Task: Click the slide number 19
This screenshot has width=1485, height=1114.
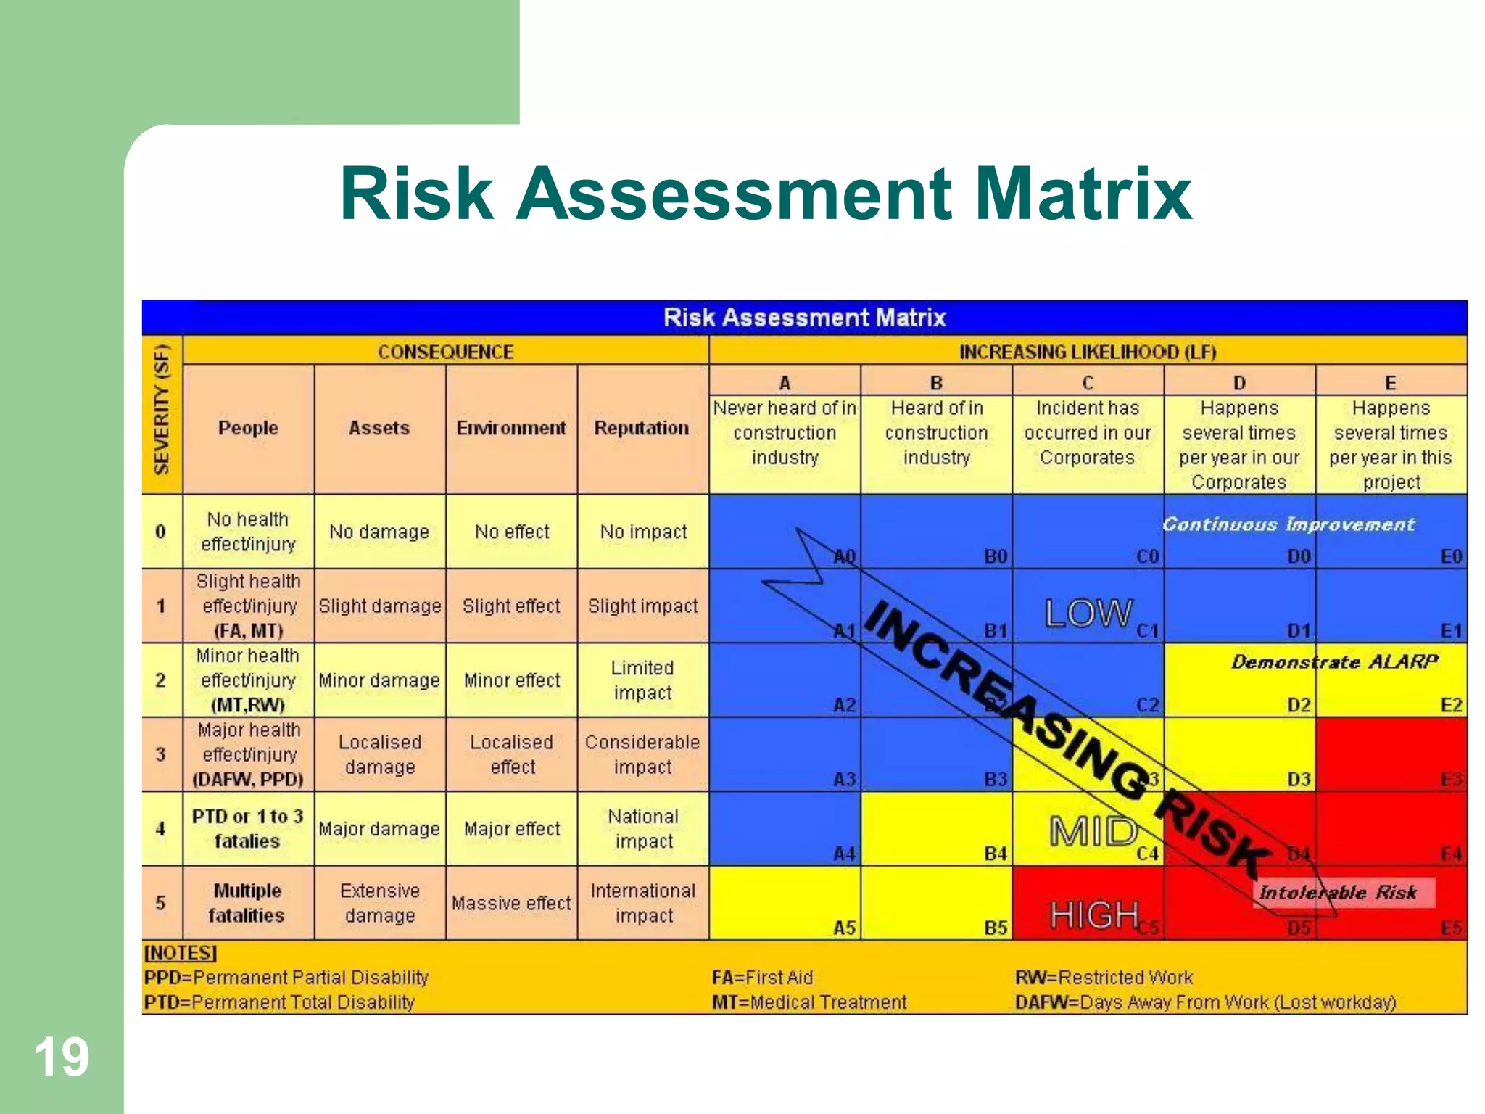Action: [62, 1057]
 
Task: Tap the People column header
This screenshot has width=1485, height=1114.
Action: [248, 428]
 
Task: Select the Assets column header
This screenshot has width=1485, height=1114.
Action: [379, 428]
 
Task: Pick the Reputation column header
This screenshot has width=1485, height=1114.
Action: [642, 428]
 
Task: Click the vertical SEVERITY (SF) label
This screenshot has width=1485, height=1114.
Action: [162, 410]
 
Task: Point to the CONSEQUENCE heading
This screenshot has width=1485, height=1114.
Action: [445, 352]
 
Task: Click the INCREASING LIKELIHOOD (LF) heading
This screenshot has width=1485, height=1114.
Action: [1087, 352]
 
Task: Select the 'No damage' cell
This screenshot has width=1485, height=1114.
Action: [379, 532]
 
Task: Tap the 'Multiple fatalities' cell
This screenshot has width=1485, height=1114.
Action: [247, 903]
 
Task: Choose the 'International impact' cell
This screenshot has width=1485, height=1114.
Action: [643, 903]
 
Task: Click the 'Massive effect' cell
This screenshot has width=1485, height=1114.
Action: [511, 903]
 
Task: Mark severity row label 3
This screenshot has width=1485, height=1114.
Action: [161, 754]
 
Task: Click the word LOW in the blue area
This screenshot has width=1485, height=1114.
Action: [1088, 614]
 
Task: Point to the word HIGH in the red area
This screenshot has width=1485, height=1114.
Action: [1094, 915]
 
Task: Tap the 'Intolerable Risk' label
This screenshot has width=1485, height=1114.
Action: [1338, 892]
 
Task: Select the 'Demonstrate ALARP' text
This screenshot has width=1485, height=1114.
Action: [1334, 661]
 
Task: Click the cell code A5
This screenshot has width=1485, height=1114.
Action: [844, 928]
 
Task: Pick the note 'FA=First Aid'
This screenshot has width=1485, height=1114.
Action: [762, 978]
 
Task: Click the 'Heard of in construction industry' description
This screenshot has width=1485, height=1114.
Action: [936, 433]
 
